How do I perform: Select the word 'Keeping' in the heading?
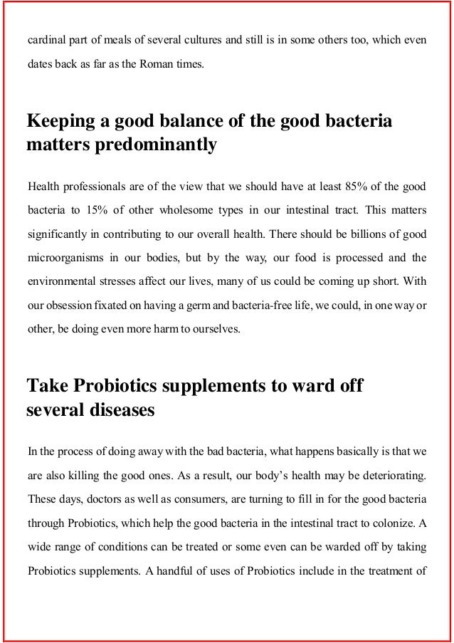point(58,121)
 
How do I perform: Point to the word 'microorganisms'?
point(64,258)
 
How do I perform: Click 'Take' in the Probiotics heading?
point(45,387)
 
